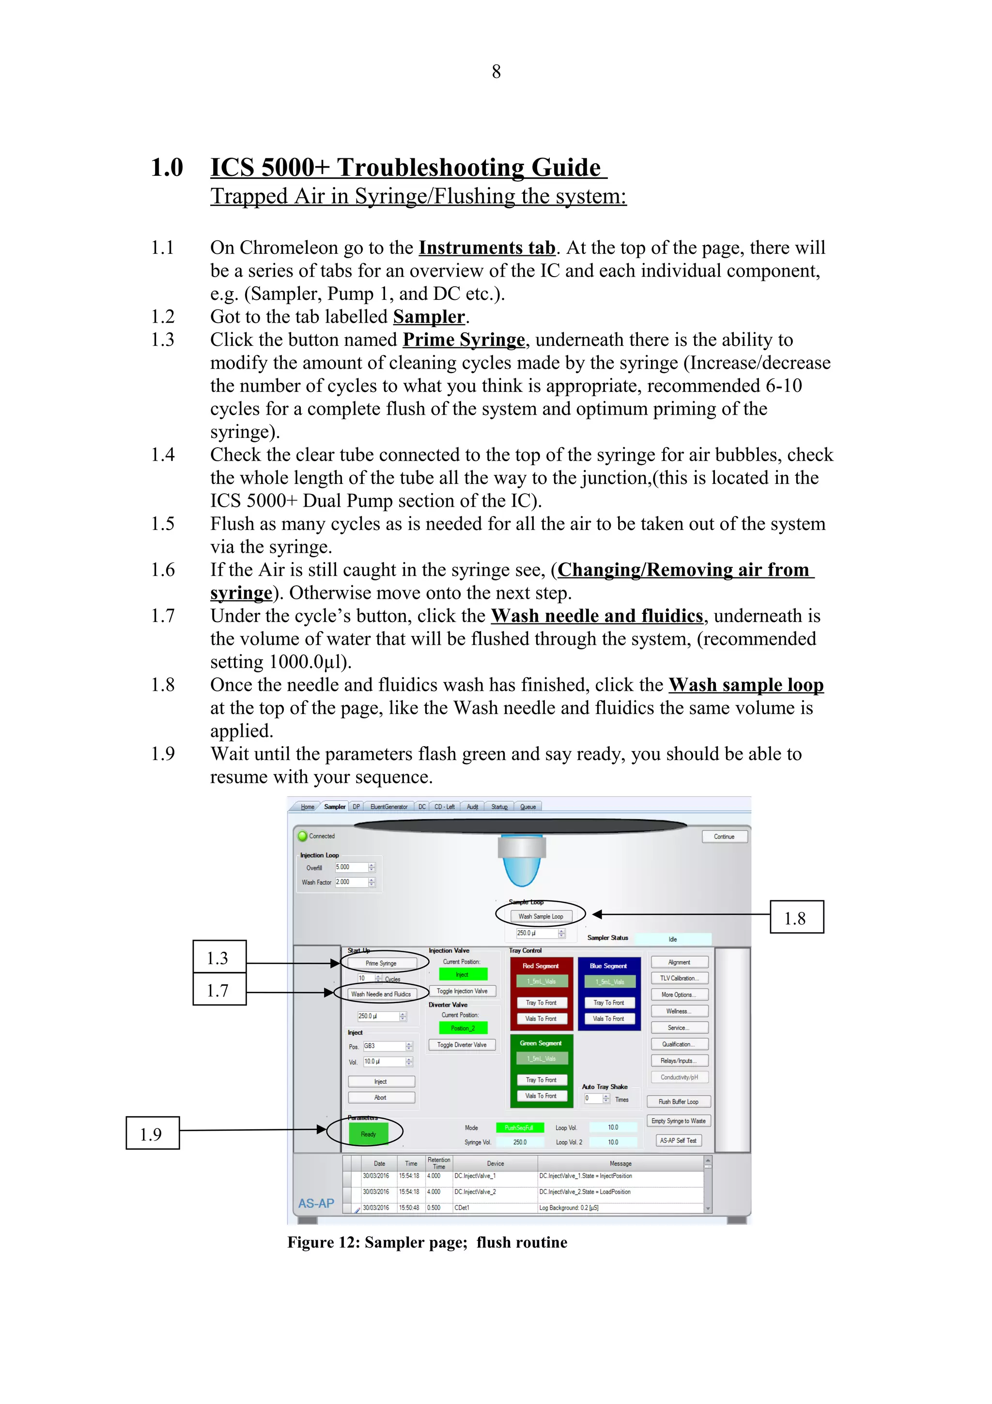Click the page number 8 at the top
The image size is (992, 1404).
point(496,72)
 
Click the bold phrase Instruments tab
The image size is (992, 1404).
point(486,248)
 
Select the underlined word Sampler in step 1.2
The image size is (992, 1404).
point(429,317)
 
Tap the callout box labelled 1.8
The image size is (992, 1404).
point(796,917)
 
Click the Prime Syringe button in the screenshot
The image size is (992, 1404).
point(381,963)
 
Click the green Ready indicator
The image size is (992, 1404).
point(368,1134)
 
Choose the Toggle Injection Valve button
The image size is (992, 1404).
point(462,991)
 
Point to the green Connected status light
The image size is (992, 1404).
point(302,836)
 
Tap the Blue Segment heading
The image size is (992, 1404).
point(608,966)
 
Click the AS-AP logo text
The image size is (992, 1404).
point(316,1203)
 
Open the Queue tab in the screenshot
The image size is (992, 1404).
point(527,807)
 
